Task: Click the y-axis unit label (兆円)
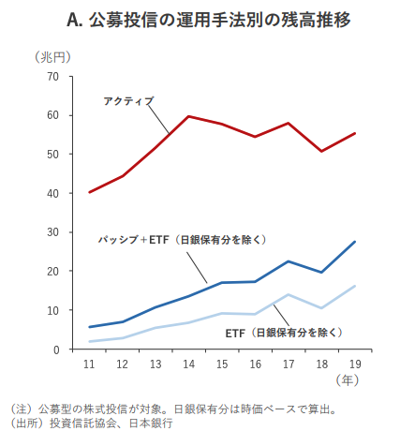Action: pos(53,57)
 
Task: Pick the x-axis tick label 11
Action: pos(89,364)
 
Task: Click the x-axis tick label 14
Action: pos(189,364)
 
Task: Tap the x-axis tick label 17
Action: pos(289,364)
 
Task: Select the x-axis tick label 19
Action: pos(354,364)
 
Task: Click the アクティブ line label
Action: pos(128,99)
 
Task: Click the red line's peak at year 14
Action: pos(189,116)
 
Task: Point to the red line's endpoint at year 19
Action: pos(355,133)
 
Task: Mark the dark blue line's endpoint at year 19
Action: pos(355,242)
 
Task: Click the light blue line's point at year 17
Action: pos(289,294)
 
